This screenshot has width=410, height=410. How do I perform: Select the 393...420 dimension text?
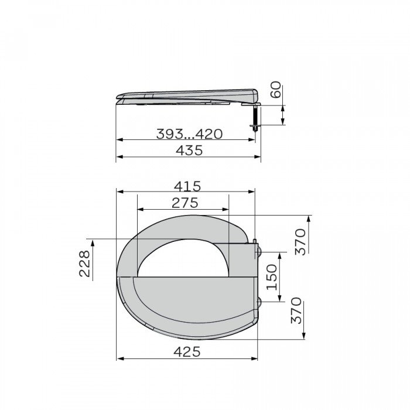pyautogui.click(x=189, y=134)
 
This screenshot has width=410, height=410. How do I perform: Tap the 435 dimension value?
pyautogui.click(x=189, y=151)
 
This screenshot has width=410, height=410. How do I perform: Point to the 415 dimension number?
pyautogui.click(x=186, y=186)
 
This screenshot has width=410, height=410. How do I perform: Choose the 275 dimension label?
pyautogui.click(x=184, y=203)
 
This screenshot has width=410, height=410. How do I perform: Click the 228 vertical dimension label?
pyautogui.click(x=85, y=265)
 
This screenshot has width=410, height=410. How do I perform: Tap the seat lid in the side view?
pyautogui.click(x=187, y=93)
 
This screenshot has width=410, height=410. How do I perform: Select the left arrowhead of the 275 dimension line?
pyautogui.click(x=139, y=210)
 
